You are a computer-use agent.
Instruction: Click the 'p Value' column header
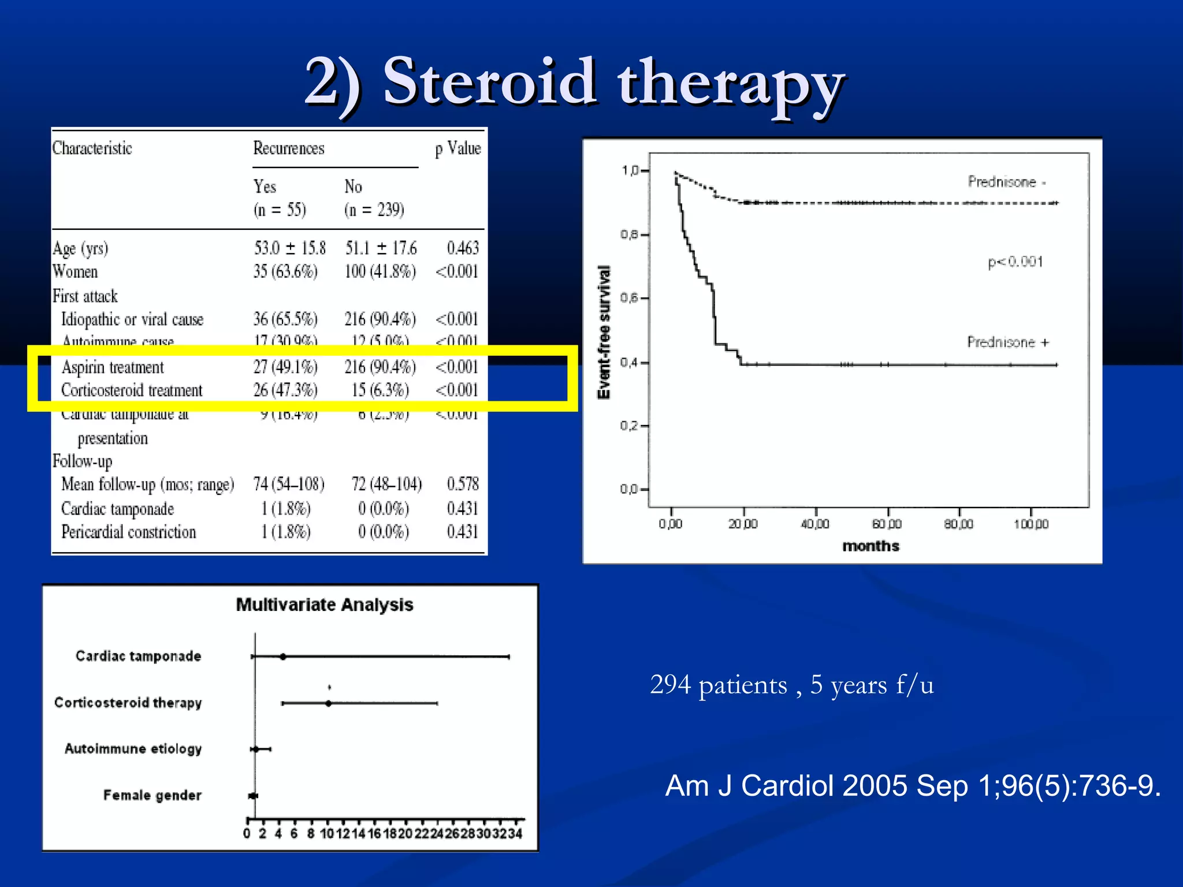457,149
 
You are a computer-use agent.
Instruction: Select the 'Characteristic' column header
92,149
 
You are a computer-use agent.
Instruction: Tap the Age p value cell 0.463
463,248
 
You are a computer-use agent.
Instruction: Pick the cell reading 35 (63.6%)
285,271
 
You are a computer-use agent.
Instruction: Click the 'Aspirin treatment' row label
113,367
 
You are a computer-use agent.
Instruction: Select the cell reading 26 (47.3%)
285,390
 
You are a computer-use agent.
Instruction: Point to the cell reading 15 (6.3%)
380,390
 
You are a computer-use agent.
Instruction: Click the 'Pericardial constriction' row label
129,532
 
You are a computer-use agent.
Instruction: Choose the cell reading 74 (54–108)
289,484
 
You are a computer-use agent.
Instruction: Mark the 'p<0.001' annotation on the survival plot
1015,262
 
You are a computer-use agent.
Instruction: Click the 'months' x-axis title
870,546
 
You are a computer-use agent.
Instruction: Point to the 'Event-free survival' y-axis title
604,332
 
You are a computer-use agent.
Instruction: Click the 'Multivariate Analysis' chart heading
325,605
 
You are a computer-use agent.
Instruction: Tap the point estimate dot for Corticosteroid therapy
329,703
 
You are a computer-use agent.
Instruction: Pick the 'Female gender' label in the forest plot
152,795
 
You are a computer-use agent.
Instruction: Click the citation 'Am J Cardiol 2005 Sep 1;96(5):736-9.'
913,786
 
